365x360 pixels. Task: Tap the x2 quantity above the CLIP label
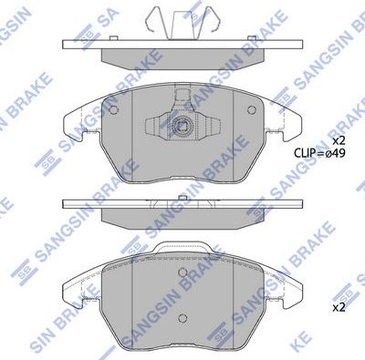(339, 140)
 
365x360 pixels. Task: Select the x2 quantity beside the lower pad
(339, 308)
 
